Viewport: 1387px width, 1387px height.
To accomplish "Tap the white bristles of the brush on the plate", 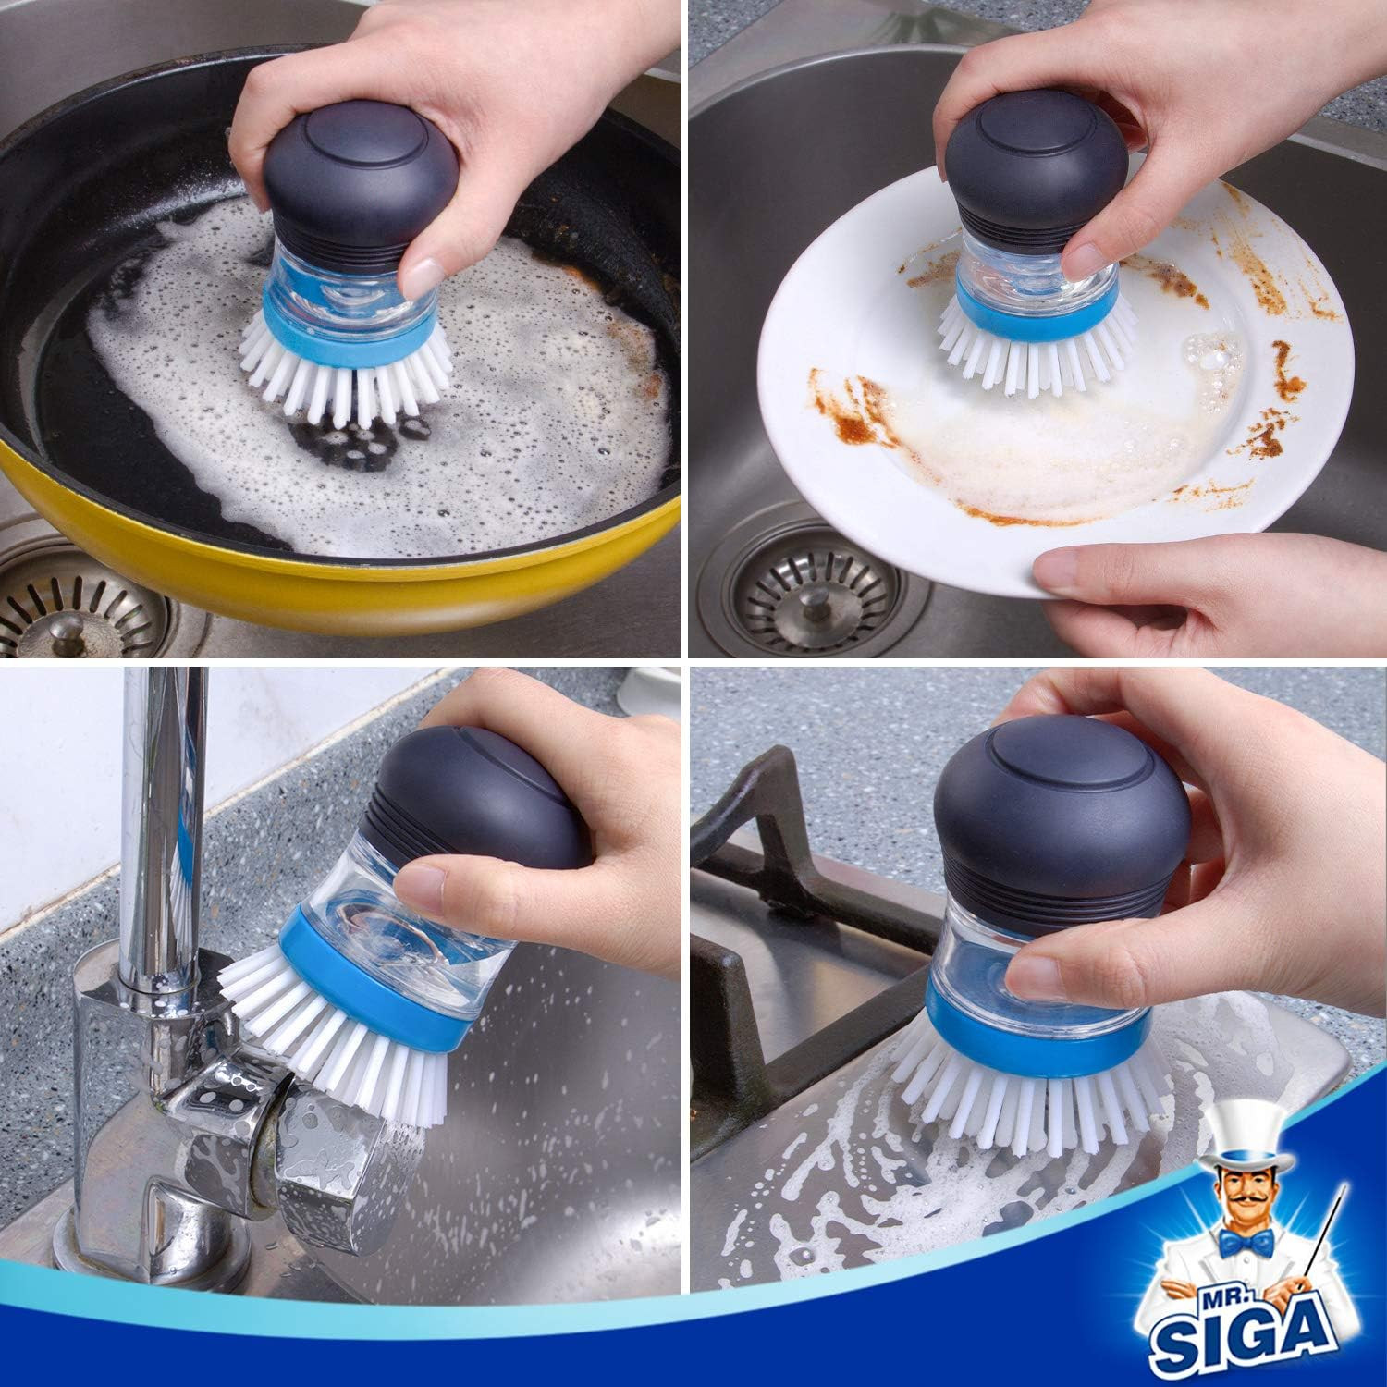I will [1026, 351].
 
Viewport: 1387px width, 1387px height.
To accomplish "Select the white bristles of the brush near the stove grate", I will [1026, 1100].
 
